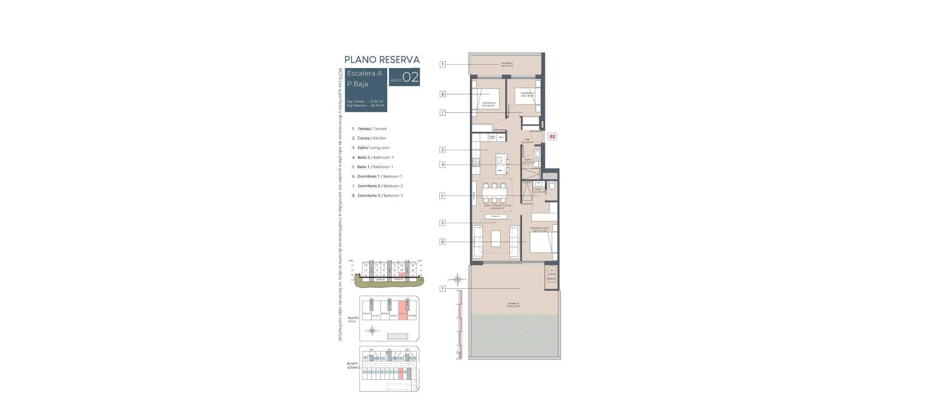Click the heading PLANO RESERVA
pyautogui.click(x=382, y=60)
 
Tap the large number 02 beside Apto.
pyautogui.click(x=411, y=78)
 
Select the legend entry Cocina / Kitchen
pyautogui.click(x=371, y=138)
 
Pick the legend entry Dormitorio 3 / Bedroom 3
pyautogui.click(x=379, y=195)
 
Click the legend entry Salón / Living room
pyautogui.click(x=373, y=148)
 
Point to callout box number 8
pyautogui.click(x=442, y=94)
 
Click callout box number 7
pyautogui.click(x=442, y=113)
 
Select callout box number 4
pyautogui.click(x=442, y=165)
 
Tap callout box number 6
pyautogui.click(x=442, y=242)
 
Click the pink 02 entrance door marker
pyautogui.click(x=552, y=137)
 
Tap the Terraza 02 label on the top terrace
pyautogui.click(x=507, y=64)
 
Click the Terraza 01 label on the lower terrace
pyautogui.click(x=513, y=305)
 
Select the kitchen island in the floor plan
pyautogui.click(x=501, y=164)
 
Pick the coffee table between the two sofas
pyautogui.click(x=496, y=239)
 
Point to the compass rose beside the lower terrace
pyautogui.click(x=458, y=280)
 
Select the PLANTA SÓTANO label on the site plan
pyautogui.click(x=353, y=365)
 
